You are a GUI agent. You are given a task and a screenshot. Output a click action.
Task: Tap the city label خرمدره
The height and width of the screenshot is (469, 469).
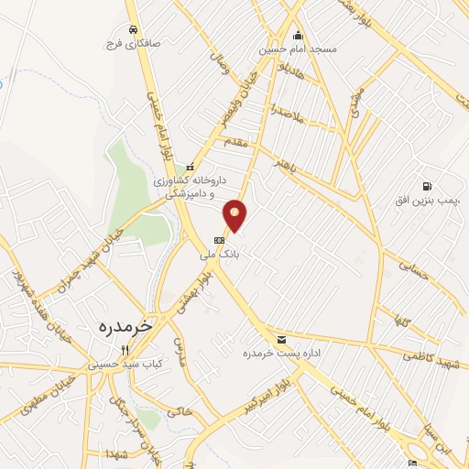tap(122, 325)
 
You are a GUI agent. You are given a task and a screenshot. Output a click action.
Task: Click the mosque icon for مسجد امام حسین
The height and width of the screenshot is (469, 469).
tap(298, 36)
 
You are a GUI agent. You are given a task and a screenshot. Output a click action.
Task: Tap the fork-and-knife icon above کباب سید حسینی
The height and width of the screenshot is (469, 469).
tap(125, 350)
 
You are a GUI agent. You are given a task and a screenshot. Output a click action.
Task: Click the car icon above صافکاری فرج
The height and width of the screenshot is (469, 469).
tap(135, 28)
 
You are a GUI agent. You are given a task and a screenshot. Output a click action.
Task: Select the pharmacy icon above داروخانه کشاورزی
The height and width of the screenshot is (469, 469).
tap(191, 168)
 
